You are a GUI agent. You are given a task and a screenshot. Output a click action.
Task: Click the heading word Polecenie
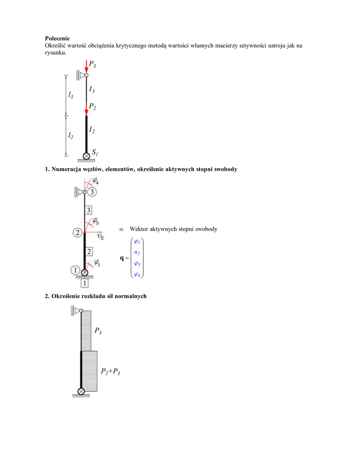point(57,38)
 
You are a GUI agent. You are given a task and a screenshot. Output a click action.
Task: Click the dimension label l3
point(71,95)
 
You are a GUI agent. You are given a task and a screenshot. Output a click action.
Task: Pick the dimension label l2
point(71,135)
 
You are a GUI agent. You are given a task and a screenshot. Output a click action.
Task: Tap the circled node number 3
point(92,192)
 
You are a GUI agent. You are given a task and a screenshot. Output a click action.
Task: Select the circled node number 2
point(77,233)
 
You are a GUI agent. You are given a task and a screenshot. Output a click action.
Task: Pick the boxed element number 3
point(89,210)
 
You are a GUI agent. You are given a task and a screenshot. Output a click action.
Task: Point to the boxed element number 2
point(90,251)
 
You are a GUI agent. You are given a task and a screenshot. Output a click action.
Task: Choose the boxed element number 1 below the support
point(85,284)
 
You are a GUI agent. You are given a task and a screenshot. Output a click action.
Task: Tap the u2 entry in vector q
point(137,252)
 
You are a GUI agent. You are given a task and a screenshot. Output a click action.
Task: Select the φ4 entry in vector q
point(137,274)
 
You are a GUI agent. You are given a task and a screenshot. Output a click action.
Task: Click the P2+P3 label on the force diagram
point(111,372)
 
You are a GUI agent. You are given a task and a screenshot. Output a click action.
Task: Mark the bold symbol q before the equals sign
point(122,258)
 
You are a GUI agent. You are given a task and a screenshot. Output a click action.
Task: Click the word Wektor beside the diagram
point(140,229)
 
